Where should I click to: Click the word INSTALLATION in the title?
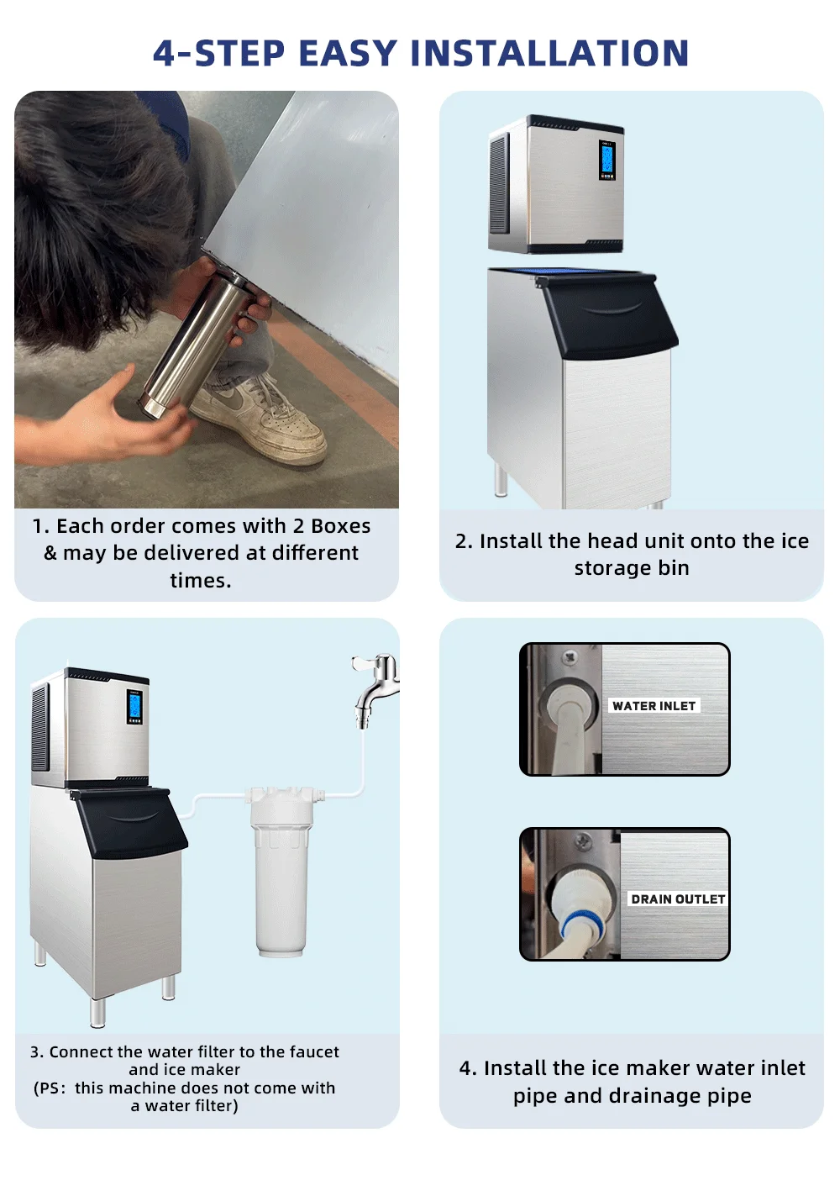coord(550,54)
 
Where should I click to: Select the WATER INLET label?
coord(654,706)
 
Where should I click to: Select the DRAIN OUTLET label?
coord(677,899)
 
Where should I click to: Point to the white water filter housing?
coord(281,874)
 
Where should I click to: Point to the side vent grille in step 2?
coord(499,183)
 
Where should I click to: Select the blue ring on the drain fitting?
coord(572,930)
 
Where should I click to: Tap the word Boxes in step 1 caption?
coord(340,526)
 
